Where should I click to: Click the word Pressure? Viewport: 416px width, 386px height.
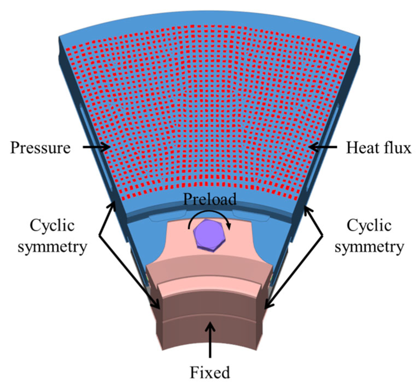pyautogui.click(x=40, y=148)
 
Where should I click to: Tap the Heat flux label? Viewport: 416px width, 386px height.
pyautogui.click(x=378, y=148)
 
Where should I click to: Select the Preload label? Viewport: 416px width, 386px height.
pyautogui.click(x=210, y=199)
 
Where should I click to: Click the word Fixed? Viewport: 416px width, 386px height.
pyautogui.click(x=210, y=372)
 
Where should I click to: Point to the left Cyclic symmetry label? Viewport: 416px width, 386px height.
pyautogui.click(x=52, y=236)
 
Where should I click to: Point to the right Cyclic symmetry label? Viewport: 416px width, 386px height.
pyautogui.click(x=369, y=236)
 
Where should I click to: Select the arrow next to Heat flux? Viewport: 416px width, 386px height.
pyautogui.click(x=323, y=148)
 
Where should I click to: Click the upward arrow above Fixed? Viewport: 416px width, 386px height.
pyautogui.click(x=210, y=339)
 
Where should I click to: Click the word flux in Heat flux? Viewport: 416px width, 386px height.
pyautogui.click(x=398, y=148)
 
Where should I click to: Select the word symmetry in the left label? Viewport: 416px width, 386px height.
pyautogui.click(x=52, y=247)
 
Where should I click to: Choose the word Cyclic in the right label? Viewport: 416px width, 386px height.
pyautogui.click(x=369, y=226)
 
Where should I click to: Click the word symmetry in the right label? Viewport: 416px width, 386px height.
pyautogui.click(x=369, y=247)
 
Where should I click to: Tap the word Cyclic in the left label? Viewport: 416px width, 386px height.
pyautogui.click(x=52, y=226)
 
